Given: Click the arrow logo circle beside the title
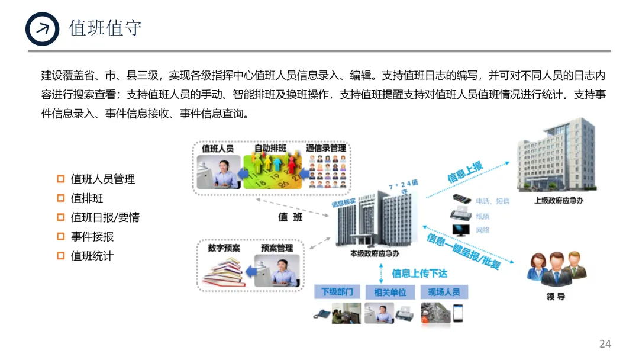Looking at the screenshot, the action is [43, 28].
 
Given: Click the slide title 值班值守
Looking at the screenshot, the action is [105, 28].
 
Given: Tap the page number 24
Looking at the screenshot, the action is [605, 343].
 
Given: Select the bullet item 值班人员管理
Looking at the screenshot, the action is [103, 179].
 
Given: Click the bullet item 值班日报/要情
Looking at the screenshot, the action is [105, 217].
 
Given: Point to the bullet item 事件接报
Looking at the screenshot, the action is [92, 236].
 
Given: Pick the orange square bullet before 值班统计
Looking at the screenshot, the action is [60, 256].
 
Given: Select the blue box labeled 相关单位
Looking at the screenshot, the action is [390, 292].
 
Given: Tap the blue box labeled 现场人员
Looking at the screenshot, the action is [444, 292].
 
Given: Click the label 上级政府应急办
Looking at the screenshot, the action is [559, 200].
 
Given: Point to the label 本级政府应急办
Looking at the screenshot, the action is [375, 253].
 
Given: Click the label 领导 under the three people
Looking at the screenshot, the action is [556, 296].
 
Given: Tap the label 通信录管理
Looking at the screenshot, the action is [326, 148].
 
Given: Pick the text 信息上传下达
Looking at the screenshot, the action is [419, 274].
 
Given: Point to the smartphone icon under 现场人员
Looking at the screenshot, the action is [457, 313].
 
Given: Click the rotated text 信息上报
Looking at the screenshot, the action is [465, 172].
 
